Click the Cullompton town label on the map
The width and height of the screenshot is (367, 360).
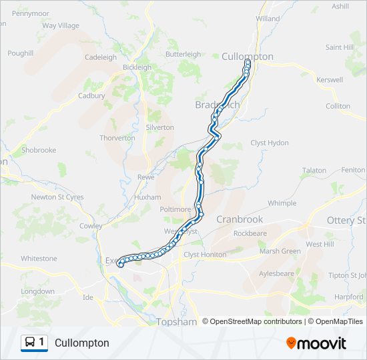click(x=247, y=57)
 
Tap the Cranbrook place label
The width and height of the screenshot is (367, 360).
click(x=240, y=219)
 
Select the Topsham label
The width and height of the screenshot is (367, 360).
click(x=176, y=322)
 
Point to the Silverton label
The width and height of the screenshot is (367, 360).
click(x=160, y=127)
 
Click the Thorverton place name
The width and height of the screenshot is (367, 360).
click(x=117, y=138)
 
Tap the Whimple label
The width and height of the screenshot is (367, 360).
click(x=282, y=203)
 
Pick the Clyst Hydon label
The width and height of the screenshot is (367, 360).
click(x=270, y=143)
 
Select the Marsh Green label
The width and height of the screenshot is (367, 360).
click(x=280, y=251)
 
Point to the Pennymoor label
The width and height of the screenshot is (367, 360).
click(x=31, y=13)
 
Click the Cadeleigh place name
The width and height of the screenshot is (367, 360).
click(x=101, y=57)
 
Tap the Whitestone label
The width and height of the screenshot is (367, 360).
click(x=39, y=258)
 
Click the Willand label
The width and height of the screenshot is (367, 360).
click(x=268, y=19)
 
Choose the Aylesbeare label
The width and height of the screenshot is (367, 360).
click(x=276, y=273)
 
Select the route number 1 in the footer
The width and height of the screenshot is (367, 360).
click(x=41, y=342)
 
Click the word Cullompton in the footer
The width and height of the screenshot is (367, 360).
click(x=82, y=343)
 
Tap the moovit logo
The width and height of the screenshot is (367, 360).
click(x=316, y=343)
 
